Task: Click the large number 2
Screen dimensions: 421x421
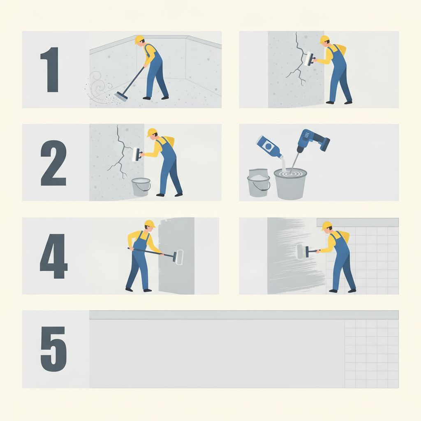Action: pos(53,163)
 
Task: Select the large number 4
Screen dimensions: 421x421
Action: pos(54,256)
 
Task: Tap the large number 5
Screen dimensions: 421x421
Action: pos(54,349)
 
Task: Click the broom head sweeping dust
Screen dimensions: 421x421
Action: pos(121,96)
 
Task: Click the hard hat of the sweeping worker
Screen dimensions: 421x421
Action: pos(139,39)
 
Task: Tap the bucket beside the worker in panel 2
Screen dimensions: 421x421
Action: pos(141,187)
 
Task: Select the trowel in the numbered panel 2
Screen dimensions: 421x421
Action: pos(137,155)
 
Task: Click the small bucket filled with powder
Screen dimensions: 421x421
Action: pos(258,183)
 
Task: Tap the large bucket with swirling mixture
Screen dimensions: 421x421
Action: pos(290,184)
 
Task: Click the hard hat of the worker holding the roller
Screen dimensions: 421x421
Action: pos(150,224)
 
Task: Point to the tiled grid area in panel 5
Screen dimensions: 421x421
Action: pos(372,354)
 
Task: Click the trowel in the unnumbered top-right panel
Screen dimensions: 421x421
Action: pos(310,59)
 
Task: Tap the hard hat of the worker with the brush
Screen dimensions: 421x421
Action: pos(327,226)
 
